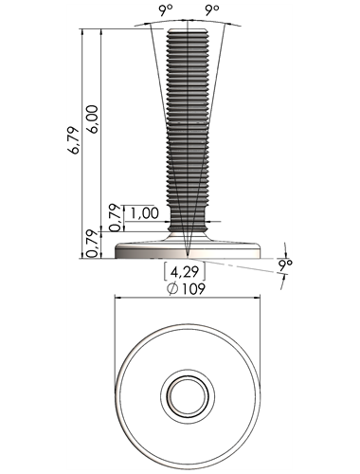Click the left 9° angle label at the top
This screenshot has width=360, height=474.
[167, 11]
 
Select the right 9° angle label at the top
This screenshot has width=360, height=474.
[212, 11]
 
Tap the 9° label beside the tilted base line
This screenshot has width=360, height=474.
[285, 264]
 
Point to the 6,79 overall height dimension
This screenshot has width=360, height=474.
[73, 140]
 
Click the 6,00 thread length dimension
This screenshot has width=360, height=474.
[93, 119]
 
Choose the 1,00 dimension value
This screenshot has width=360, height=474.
[145, 213]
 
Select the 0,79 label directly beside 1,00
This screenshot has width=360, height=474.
[116, 217]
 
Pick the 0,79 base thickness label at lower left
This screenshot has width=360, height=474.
[92, 244]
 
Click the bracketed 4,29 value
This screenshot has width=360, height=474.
[185, 272]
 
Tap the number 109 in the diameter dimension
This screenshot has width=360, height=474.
[193, 288]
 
